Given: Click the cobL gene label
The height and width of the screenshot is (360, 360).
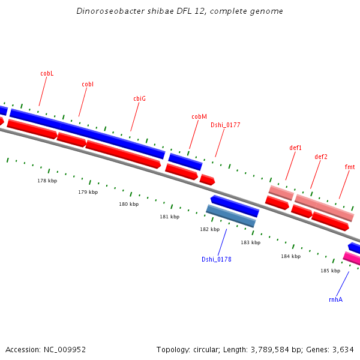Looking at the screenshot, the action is (47, 73).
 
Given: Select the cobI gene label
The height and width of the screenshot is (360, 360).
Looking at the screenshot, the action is (88, 84).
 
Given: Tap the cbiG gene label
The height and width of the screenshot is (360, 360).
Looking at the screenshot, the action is (139, 98).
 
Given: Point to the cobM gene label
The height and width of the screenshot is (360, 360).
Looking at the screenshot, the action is (199, 116).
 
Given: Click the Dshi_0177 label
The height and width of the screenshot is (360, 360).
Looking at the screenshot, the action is (225, 125).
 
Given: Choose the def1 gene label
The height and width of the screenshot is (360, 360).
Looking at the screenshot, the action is (295, 148).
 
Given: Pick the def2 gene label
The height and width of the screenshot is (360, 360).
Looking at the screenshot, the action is (321, 157).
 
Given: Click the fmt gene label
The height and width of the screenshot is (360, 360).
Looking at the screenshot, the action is (350, 167).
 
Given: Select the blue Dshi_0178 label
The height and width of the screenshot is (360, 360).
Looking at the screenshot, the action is (217, 259).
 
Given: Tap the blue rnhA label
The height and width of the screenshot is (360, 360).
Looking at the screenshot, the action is (335, 299).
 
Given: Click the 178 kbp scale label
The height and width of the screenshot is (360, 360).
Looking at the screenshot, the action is (47, 181).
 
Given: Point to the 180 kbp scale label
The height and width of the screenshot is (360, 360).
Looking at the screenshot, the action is (128, 204).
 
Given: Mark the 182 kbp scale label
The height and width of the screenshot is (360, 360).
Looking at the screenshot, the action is (209, 229).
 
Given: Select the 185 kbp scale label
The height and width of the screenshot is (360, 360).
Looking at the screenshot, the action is (330, 271).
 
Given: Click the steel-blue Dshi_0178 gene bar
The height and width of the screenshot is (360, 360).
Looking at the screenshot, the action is (231, 216).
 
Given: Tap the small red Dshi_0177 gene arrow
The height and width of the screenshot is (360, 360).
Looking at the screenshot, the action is (207, 179).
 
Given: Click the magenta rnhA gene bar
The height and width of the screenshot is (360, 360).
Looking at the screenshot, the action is (352, 258).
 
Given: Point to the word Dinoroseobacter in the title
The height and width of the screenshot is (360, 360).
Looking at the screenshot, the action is (104, 11).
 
